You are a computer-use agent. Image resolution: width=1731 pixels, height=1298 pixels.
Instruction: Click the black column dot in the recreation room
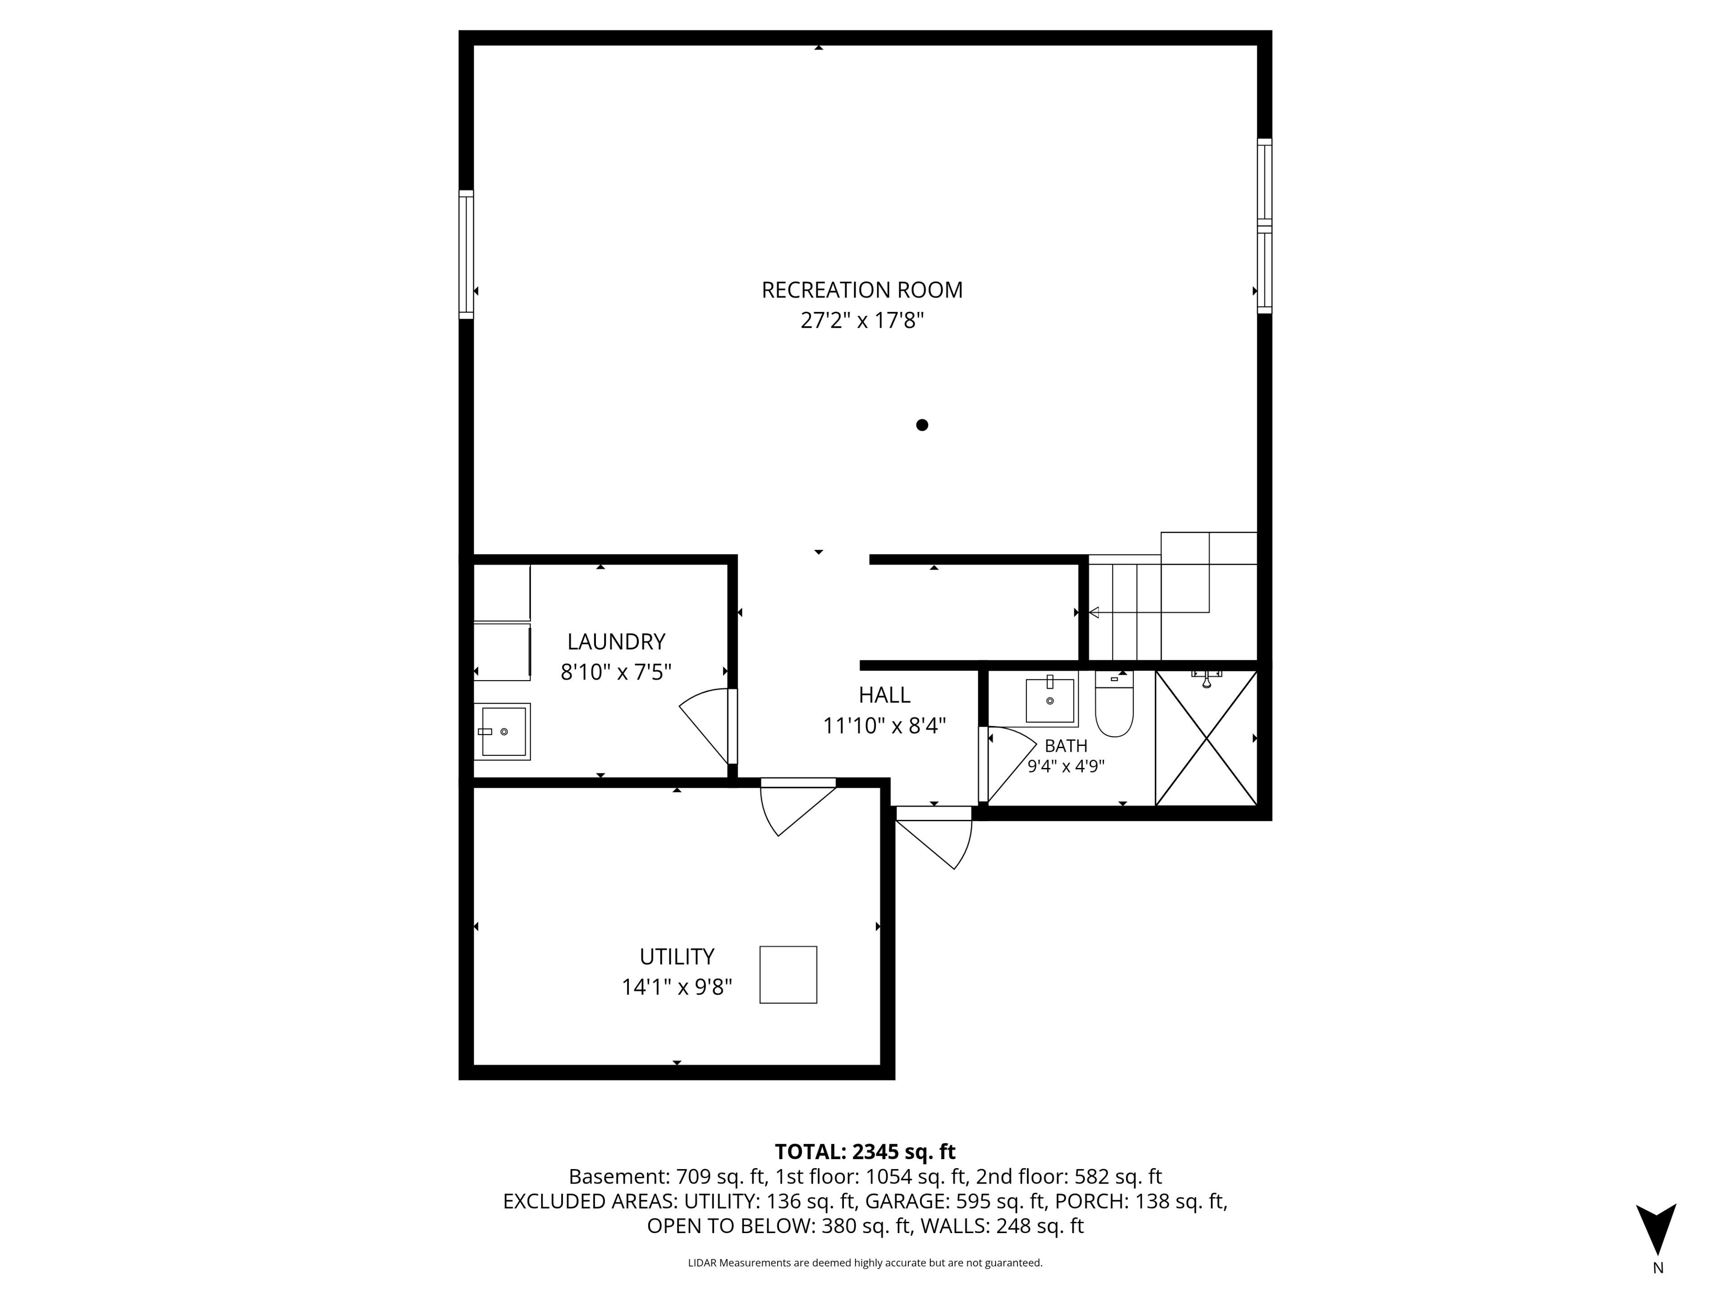pyautogui.click(x=922, y=425)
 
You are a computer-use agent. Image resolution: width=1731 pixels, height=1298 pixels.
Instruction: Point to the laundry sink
pyautogui.click(x=503, y=731)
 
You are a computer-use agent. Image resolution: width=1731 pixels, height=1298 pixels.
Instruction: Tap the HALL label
pyautogui.click(x=884, y=695)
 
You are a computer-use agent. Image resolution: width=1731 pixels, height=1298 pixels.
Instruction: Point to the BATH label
pyautogui.click(x=1066, y=745)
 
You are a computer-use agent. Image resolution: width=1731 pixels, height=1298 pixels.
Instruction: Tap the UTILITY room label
pyautogui.click(x=677, y=957)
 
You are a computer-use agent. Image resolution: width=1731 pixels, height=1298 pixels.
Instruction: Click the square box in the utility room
pyautogui.click(x=788, y=975)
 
